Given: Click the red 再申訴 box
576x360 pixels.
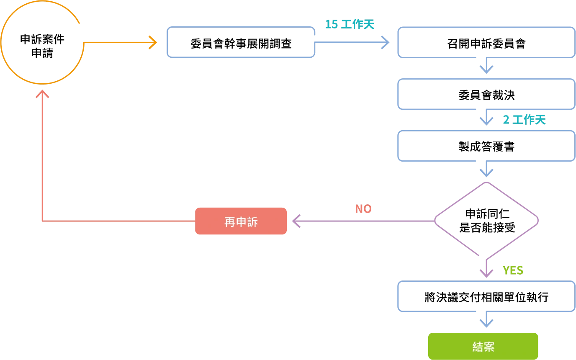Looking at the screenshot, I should (x=241, y=221).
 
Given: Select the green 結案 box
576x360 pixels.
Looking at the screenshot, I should (x=483, y=346).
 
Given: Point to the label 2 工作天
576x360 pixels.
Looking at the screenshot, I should (x=524, y=120).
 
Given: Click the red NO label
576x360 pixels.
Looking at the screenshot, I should (x=363, y=209).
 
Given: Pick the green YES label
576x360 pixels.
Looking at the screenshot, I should (x=513, y=270).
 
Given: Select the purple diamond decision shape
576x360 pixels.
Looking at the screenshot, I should (x=486, y=220).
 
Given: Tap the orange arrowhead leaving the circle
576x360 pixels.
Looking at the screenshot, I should (x=153, y=42).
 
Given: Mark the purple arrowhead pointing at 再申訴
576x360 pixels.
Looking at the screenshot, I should (x=297, y=221).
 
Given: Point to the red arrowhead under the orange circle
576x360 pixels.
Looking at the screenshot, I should (x=42, y=95).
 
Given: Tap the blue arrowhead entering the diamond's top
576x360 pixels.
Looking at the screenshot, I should (x=486, y=172).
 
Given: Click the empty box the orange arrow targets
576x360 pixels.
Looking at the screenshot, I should (x=241, y=42).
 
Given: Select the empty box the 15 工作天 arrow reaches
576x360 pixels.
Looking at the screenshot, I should (x=486, y=42).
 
